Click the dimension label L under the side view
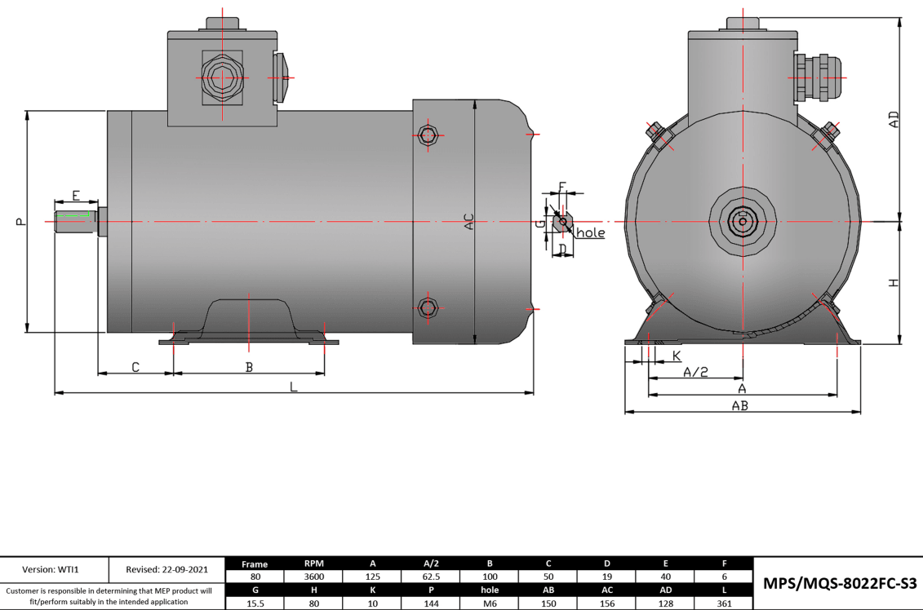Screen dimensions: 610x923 [x=294, y=387]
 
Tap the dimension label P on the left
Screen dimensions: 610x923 [x=20, y=221]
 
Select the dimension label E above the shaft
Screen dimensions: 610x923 [x=75, y=196]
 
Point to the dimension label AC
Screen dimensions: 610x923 [x=468, y=221]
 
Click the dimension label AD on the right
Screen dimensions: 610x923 [x=894, y=120]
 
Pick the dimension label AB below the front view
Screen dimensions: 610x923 [x=740, y=405]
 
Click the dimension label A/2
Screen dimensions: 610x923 [x=694, y=372]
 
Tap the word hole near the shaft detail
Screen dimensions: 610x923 [x=591, y=233]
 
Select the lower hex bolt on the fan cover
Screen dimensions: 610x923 [x=428, y=307]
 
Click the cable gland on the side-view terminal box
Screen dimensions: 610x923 [x=220, y=78]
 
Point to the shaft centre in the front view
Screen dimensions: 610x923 [x=742, y=221]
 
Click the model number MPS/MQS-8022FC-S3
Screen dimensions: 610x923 [x=840, y=583]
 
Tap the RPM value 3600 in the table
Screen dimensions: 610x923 [x=313, y=576]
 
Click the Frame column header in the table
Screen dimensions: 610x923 [x=255, y=563]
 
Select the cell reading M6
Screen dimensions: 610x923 [x=489, y=603]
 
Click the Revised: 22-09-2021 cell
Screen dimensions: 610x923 [x=166, y=569]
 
